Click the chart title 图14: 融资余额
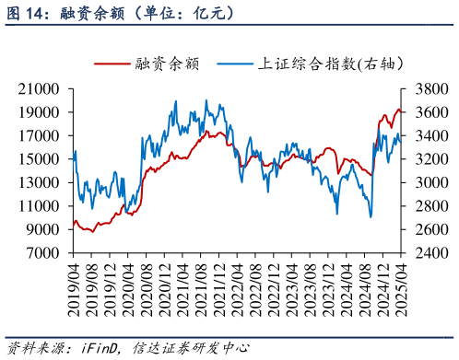click(x=120, y=14)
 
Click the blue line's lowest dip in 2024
click(x=371, y=217)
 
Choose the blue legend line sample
click(x=235, y=64)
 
